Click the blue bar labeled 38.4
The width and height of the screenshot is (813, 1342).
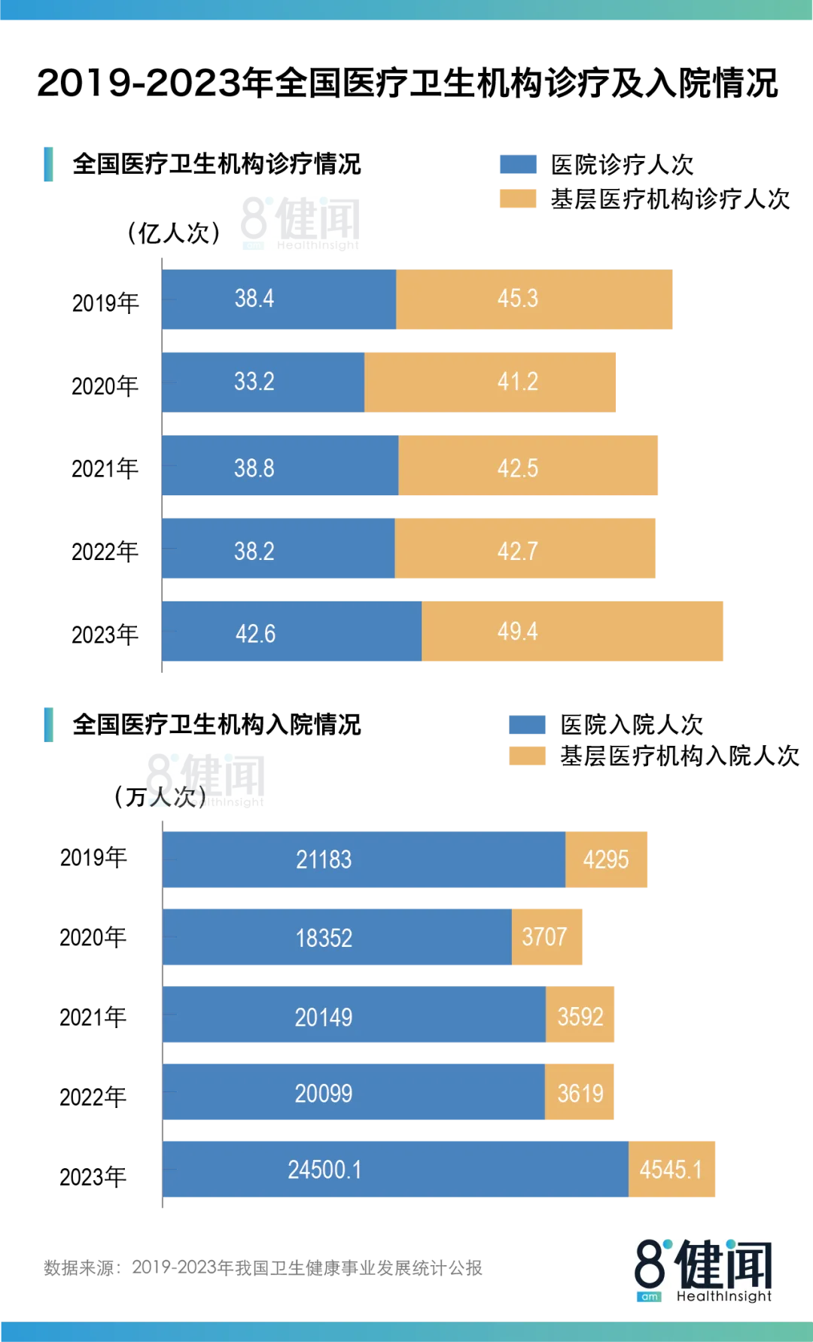click(279, 299)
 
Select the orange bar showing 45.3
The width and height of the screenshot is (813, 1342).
click(534, 299)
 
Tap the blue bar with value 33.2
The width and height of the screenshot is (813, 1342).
click(263, 382)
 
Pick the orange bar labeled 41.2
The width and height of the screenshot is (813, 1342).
click(492, 382)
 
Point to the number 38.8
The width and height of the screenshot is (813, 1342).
click(254, 468)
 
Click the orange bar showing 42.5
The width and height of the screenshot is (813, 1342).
click(530, 467)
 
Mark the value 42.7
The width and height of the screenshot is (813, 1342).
click(518, 551)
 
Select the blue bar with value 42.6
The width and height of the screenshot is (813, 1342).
click(291, 631)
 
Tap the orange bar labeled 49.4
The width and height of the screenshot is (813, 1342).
click(574, 631)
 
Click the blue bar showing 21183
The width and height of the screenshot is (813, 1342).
click(364, 860)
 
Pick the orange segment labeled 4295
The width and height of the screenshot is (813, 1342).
click(607, 860)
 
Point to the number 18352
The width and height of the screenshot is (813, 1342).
click(324, 938)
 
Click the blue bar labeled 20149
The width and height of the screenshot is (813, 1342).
click(354, 1016)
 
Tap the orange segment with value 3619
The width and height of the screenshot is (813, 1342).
click(579, 1093)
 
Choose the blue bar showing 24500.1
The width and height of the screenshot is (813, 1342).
click(395, 1168)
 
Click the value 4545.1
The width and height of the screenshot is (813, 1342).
click(671, 1170)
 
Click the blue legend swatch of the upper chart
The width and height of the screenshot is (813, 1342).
click(518, 163)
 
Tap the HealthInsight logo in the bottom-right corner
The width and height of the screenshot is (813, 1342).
click(704, 1270)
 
